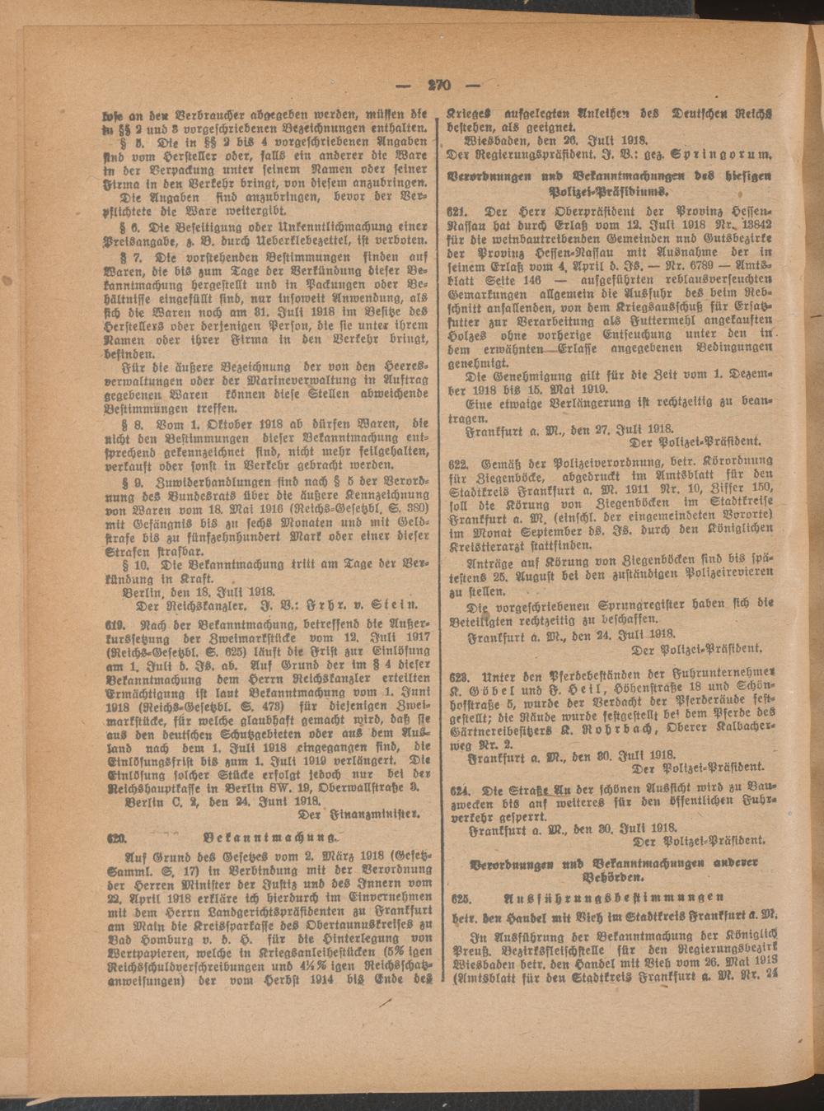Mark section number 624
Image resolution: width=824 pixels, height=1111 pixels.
[458, 788]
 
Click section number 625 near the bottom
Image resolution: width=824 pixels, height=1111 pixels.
[458, 897]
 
